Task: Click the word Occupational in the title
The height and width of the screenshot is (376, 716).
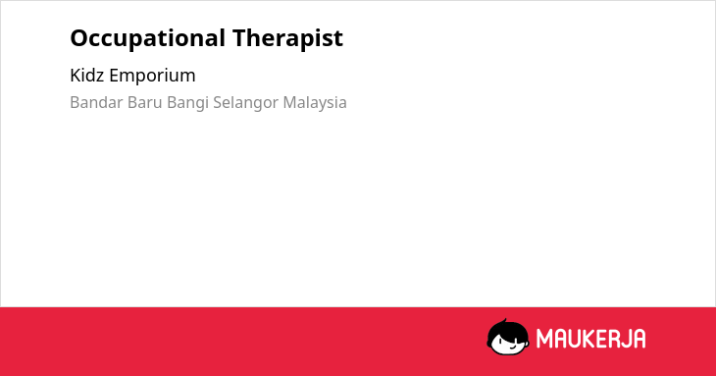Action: click(147, 39)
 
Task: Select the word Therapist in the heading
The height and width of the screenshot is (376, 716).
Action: click(287, 37)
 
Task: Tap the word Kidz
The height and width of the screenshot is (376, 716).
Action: click(86, 75)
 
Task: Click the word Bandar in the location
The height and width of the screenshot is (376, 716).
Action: click(96, 102)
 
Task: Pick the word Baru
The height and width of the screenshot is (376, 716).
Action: click(145, 102)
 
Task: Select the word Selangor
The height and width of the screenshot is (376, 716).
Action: click(245, 103)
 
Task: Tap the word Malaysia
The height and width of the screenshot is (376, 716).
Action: click(315, 103)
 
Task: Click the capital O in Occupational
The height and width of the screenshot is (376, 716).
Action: click(79, 38)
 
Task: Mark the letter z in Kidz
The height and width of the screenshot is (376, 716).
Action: click(99, 78)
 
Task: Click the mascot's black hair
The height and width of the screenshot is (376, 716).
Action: click(506, 330)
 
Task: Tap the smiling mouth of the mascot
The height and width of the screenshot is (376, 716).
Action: click(512, 349)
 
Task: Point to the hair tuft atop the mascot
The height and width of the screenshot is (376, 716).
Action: click(504, 321)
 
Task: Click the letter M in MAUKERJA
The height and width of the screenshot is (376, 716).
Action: click(544, 339)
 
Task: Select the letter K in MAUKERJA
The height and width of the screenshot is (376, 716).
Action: click(589, 339)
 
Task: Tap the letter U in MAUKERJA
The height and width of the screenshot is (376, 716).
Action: click(575, 339)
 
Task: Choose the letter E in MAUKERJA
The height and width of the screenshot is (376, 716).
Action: click(603, 339)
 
